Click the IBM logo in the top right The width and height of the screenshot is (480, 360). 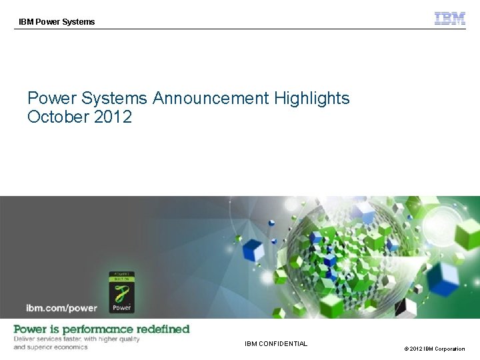coord(450,19)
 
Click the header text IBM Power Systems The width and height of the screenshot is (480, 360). coord(57,22)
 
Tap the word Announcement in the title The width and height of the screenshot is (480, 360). coord(210,99)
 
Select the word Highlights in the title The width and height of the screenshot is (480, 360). coord(311,99)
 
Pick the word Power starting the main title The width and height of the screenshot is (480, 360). coord(51,99)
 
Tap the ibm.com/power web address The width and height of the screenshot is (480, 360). coord(61,308)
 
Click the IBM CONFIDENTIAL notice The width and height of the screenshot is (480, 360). coord(276,344)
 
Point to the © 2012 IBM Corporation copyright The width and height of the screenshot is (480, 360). coord(433,349)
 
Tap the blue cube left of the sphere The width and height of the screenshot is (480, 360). coord(253,251)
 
